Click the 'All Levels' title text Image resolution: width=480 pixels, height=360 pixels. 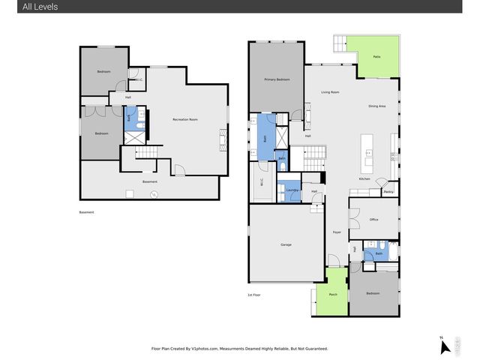pyautogui.click(x=31, y=7)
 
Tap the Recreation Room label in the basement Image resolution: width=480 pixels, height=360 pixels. pyautogui.click(x=184, y=120)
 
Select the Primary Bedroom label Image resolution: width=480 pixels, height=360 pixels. pyautogui.click(x=277, y=79)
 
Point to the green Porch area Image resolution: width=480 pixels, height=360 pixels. pyautogui.click(x=332, y=294)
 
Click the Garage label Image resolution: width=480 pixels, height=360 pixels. pyautogui.click(x=286, y=244)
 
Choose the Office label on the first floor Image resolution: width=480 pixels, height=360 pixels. pyautogui.click(x=373, y=219)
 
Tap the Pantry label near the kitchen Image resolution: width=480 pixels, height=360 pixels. pyautogui.click(x=388, y=192)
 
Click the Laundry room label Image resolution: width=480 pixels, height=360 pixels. pyautogui.click(x=292, y=190)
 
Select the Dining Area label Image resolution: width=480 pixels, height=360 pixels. pyautogui.click(x=376, y=106)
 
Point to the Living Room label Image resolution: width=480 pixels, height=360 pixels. pyautogui.click(x=331, y=92)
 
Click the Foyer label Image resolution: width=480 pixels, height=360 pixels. pyautogui.click(x=337, y=232)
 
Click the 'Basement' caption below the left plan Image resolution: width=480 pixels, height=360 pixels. pyautogui.click(x=88, y=212)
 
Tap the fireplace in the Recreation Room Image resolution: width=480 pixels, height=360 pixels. pyautogui.click(x=222, y=139)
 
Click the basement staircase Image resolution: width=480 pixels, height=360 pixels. pyautogui.click(x=148, y=153)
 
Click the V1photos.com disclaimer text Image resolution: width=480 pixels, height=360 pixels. pyautogui.click(x=239, y=349)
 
